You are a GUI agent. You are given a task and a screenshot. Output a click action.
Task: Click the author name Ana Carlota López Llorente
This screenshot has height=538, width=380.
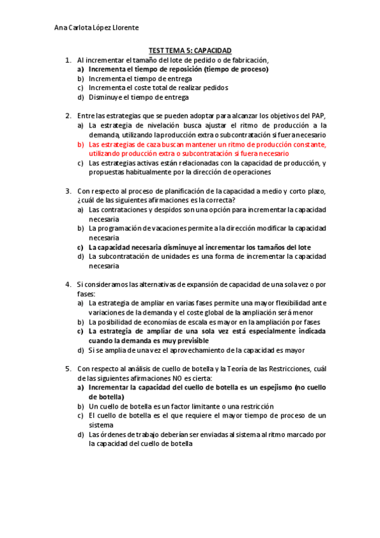click(97, 28)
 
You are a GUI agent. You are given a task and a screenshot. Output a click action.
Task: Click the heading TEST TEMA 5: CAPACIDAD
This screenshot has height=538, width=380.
click(190, 50)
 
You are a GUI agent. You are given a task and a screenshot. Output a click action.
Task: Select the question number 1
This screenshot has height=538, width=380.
click(68, 60)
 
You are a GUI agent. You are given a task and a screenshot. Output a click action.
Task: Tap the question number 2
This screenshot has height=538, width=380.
click(68, 116)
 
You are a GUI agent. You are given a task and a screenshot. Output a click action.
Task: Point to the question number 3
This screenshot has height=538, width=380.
click(68, 190)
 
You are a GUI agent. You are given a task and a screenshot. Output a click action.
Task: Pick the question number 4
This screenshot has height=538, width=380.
click(68, 284)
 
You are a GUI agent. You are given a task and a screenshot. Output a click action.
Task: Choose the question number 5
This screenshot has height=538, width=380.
click(68, 368)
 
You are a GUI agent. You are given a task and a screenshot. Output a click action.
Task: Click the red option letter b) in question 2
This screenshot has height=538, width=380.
click(81, 144)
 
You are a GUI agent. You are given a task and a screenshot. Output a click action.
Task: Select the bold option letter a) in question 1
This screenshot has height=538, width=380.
click(81, 69)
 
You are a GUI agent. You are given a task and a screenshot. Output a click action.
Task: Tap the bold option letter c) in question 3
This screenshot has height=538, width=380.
click(81, 247)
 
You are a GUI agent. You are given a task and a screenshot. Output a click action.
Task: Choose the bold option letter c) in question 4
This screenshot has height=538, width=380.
click(81, 331)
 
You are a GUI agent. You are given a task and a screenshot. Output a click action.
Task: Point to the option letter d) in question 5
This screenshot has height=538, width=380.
click(81, 435)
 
